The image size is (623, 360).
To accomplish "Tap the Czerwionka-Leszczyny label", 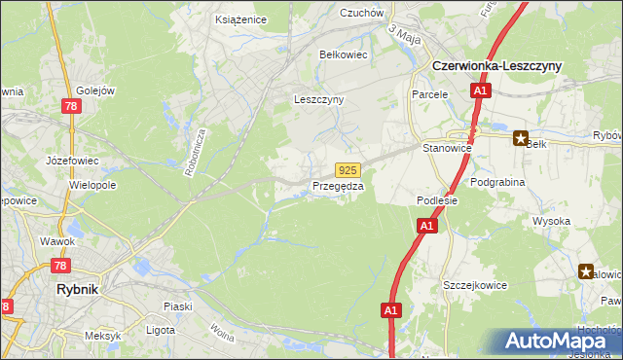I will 495,65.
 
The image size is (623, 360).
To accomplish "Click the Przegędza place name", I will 338,186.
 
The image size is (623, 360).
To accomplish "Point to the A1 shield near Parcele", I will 480,90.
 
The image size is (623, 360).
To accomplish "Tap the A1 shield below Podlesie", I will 425,226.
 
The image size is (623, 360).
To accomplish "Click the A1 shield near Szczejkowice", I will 390,310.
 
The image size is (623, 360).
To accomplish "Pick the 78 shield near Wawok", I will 60,266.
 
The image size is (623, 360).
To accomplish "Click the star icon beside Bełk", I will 521,138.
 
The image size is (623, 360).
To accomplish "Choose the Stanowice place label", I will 447,148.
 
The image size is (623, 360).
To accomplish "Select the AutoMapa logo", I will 554,342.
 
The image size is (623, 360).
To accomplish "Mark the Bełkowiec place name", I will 344,55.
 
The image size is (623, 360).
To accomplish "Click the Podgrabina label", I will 497,182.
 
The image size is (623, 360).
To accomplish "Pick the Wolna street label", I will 221,342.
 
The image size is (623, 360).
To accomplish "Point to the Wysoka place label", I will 551,221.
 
